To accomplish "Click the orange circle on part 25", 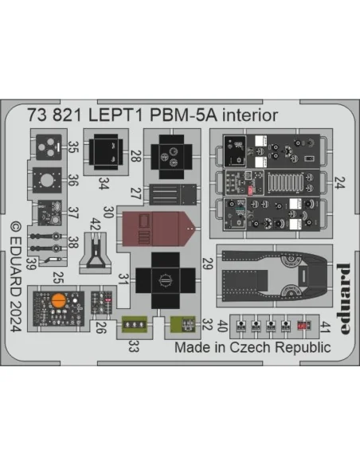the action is tap(58, 300).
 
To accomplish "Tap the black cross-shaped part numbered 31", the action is tap(166, 280).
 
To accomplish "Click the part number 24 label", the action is tap(339, 182).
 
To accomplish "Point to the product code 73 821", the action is tap(55, 115).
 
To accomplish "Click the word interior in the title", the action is tap(250, 115).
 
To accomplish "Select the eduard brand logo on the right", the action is tap(344, 299).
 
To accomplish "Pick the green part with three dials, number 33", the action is tap(135, 324).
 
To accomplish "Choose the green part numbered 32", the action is tap(182, 324).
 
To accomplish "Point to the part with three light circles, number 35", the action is tap(49, 147).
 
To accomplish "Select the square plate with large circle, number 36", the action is tap(47, 180).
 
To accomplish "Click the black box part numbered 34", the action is tap(106, 152).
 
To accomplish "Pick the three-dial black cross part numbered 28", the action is tap(171, 157).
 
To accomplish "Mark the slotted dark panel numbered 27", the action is tap(173, 194).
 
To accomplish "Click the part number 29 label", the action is tap(208, 264).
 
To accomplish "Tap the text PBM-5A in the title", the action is tap(183, 115).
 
